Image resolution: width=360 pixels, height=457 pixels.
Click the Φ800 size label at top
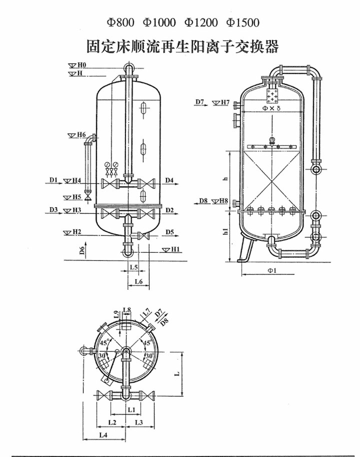click(x=120, y=22)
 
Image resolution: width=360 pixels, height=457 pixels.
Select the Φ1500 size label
click(x=243, y=22)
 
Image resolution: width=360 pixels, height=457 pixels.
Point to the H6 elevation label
click(x=81, y=135)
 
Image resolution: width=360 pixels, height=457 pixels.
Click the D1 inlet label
click(x=54, y=180)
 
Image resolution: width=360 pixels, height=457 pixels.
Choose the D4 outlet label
click(x=169, y=180)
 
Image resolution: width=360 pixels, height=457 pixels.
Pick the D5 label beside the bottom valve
click(x=170, y=232)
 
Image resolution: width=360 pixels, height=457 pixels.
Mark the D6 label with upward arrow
click(x=82, y=250)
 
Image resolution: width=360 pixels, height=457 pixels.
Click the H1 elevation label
click(x=176, y=249)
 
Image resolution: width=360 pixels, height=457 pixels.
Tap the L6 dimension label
click(x=139, y=281)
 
